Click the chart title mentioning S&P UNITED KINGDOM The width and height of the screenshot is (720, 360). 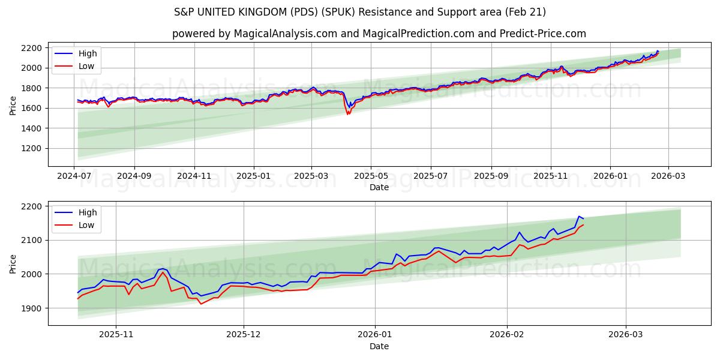coord(360,12)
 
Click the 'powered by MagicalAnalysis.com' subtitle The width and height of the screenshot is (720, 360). coord(379,34)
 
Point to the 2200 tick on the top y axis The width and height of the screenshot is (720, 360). coord(32,48)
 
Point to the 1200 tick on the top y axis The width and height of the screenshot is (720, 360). coord(32,148)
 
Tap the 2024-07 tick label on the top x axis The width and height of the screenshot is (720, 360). coord(74,176)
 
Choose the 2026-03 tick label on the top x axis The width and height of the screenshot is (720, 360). coord(667,176)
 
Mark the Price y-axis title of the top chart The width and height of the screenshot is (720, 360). coord(13,106)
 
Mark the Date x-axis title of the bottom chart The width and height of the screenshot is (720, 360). coord(379,346)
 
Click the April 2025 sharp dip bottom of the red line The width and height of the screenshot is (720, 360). coord(347,114)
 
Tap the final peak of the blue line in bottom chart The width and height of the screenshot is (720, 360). coord(579,217)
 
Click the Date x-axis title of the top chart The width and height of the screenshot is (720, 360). coord(379,187)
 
